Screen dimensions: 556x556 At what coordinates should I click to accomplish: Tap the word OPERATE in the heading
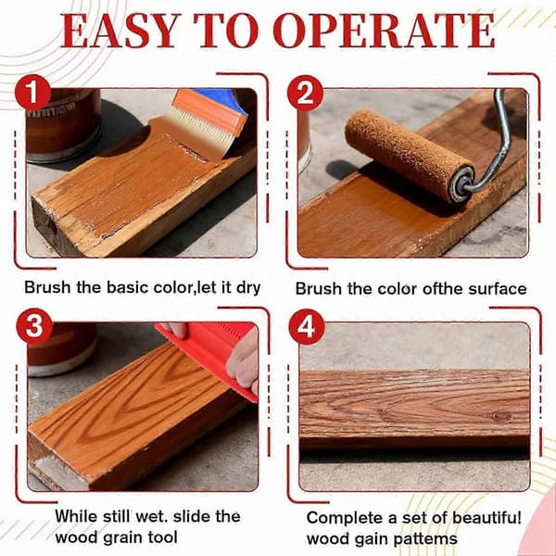point(384,31)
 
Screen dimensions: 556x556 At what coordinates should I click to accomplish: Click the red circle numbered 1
point(32,93)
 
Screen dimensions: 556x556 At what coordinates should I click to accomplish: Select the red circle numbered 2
point(305,93)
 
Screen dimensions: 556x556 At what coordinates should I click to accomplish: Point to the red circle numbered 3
point(34,326)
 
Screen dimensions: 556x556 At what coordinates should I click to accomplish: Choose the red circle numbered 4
point(307,327)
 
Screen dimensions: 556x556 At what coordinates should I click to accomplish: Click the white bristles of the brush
point(201,129)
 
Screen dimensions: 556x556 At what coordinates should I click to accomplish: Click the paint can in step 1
point(62,125)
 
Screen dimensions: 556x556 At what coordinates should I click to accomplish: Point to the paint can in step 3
point(61,349)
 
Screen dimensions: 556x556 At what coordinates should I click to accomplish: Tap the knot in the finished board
point(501,415)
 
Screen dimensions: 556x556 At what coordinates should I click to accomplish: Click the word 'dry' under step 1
point(248,288)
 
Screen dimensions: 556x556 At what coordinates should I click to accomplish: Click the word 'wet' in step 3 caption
point(151,516)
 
